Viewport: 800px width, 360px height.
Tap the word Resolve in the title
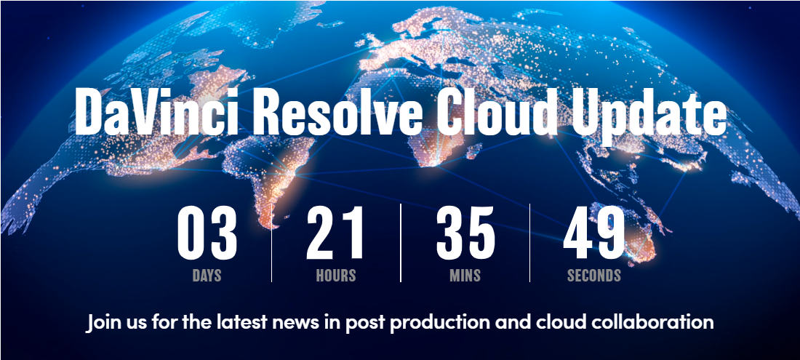tap(337, 112)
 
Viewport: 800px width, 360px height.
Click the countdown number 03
tap(207, 233)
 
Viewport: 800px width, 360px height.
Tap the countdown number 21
tap(335, 233)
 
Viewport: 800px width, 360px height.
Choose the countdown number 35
tap(465, 233)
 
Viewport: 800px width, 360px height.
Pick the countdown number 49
tap(594, 233)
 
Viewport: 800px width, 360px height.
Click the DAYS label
tap(207, 276)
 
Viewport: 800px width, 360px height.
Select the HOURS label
tap(336, 276)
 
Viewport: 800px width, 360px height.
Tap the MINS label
tap(465, 276)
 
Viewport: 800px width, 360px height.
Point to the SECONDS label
tap(594, 276)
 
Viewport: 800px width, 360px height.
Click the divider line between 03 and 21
tap(271, 243)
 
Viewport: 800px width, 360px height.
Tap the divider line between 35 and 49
tap(529, 243)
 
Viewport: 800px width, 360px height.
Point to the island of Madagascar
tap(473, 151)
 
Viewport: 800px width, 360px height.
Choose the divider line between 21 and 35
tap(401, 243)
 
